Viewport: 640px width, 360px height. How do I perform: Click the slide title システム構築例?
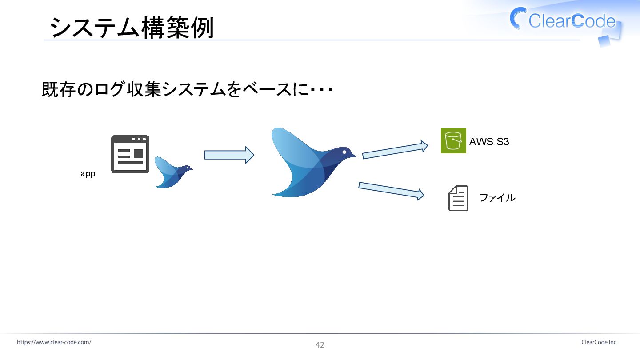[x=132, y=28]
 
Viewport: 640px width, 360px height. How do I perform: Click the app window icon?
[x=130, y=154]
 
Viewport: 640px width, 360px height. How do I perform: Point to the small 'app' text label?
[x=88, y=174]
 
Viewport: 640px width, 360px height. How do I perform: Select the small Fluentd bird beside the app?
[x=172, y=172]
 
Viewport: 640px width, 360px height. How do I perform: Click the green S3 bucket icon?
[x=453, y=140]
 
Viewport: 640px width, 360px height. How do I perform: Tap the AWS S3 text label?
[x=489, y=142]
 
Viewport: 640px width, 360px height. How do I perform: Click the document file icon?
[x=458, y=198]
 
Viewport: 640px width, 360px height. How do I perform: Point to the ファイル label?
[x=497, y=198]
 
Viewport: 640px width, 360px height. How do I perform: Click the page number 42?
[x=320, y=345]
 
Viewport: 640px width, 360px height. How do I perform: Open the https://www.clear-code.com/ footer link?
[x=54, y=342]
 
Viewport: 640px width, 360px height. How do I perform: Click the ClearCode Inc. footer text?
[x=599, y=342]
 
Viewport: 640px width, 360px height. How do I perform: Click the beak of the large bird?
[x=353, y=155]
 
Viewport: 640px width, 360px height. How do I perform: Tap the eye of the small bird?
[x=189, y=168]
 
